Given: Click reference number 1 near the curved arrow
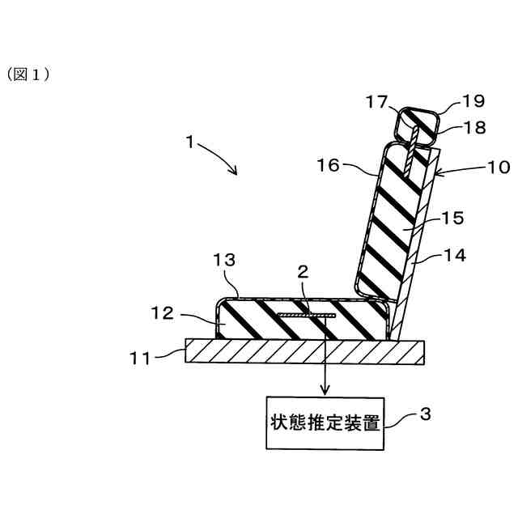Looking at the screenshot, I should coord(188,142).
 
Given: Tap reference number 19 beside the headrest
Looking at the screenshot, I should coord(473,101).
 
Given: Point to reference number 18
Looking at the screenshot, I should coord(473,127).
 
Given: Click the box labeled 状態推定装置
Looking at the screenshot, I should coord(326,422).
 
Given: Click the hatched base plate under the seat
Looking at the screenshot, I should coord(304,351).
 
